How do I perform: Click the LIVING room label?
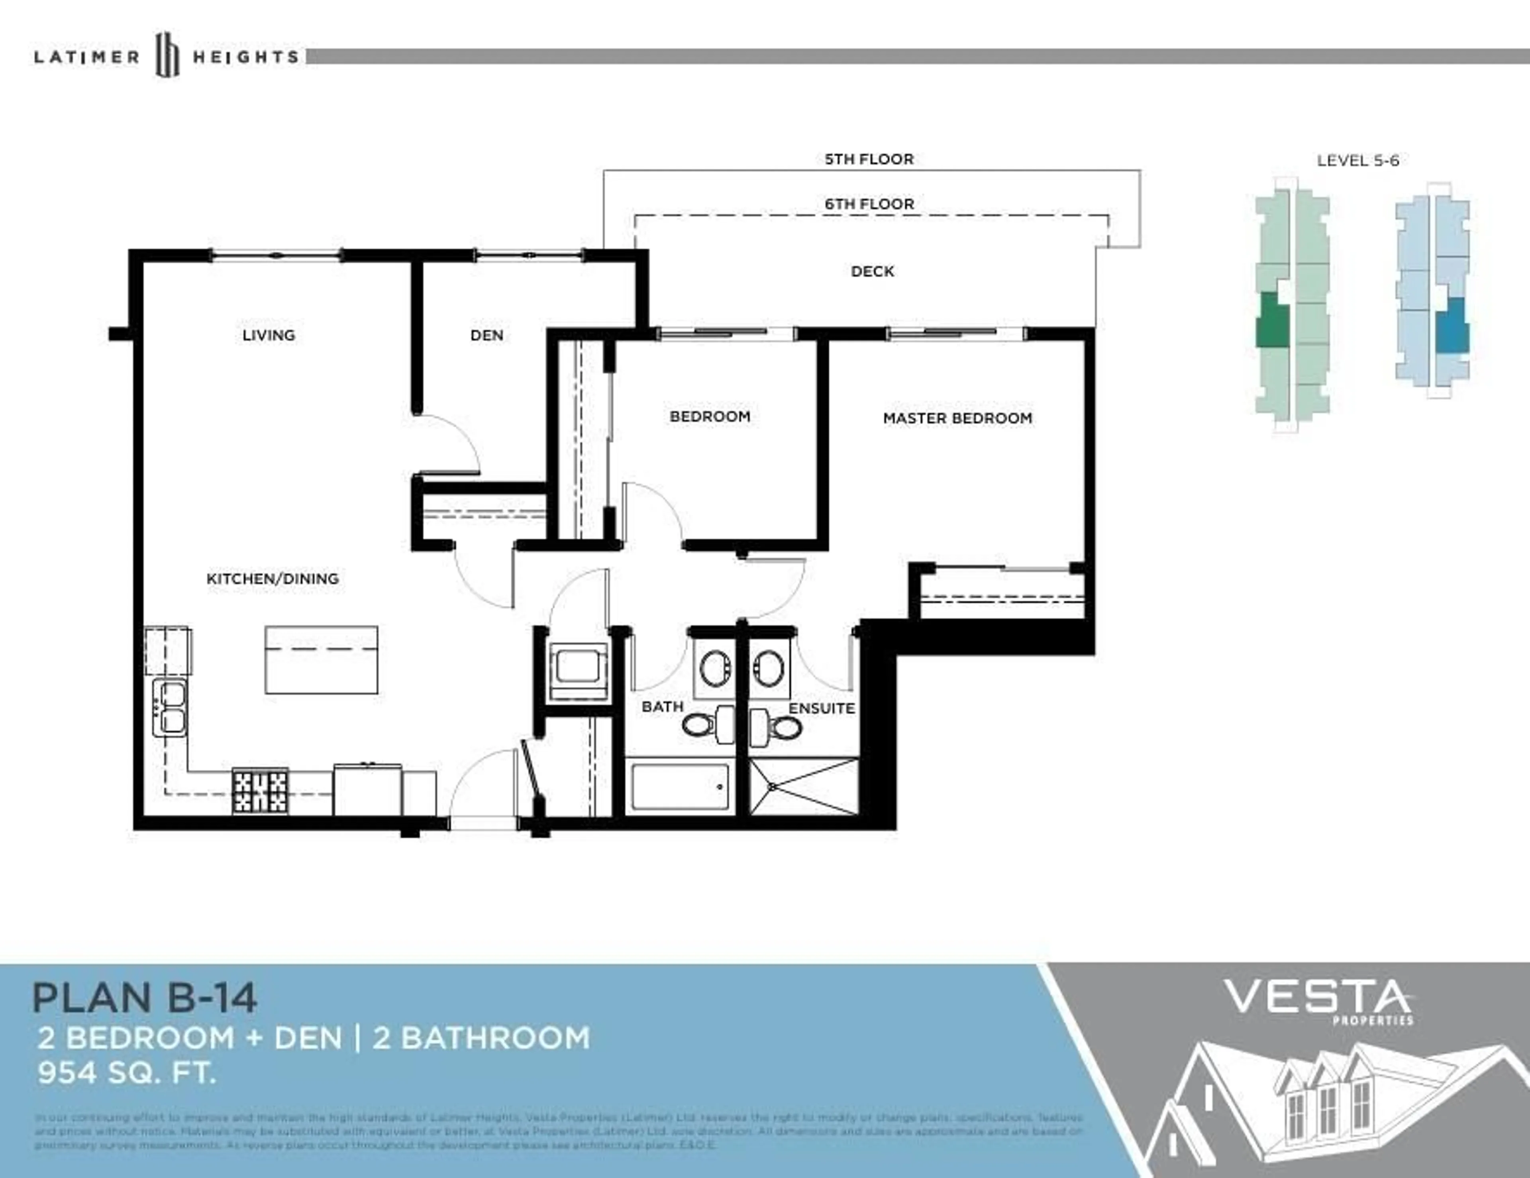point(268,335)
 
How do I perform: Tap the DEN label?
point(486,335)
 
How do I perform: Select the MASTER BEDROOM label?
point(957,418)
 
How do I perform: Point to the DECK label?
point(872,271)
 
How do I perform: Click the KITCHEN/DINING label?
point(273,579)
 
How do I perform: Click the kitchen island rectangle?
point(321,660)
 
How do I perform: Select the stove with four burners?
point(260,791)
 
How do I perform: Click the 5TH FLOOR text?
point(869,159)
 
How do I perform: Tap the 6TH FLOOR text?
point(869,204)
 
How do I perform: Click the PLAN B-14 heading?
point(144,998)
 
